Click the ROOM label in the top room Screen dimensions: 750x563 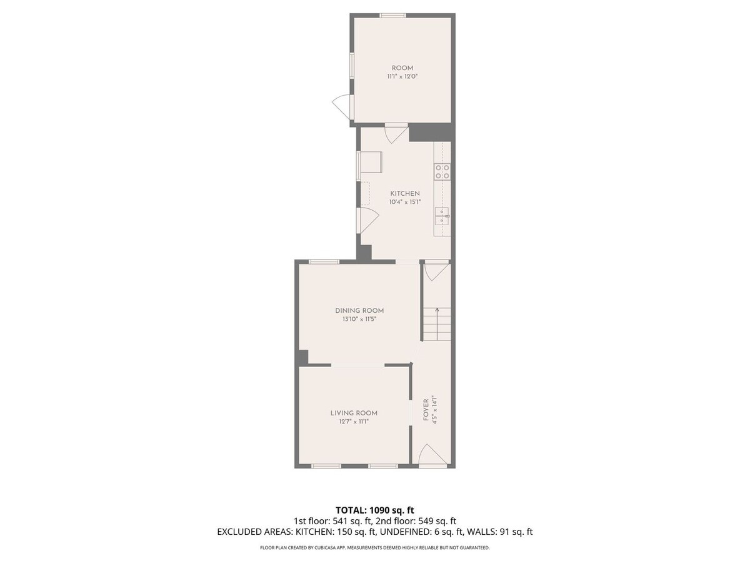(x=402, y=68)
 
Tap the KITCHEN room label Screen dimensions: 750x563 (x=405, y=193)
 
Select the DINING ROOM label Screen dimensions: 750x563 (x=359, y=311)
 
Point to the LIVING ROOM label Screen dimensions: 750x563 (x=354, y=413)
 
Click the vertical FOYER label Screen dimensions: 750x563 (x=426, y=415)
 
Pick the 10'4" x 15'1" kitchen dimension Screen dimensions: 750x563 (x=405, y=202)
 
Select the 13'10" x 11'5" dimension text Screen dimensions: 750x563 (x=359, y=319)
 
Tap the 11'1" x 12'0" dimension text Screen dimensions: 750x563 (x=402, y=76)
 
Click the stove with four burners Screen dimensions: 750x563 (x=442, y=172)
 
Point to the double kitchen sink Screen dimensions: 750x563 (x=442, y=216)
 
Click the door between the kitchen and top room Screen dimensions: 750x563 (x=396, y=133)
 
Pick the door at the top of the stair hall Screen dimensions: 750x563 (x=436, y=271)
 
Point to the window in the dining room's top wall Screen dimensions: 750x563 (x=324, y=262)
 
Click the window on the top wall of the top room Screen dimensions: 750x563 (x=393, y=16)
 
